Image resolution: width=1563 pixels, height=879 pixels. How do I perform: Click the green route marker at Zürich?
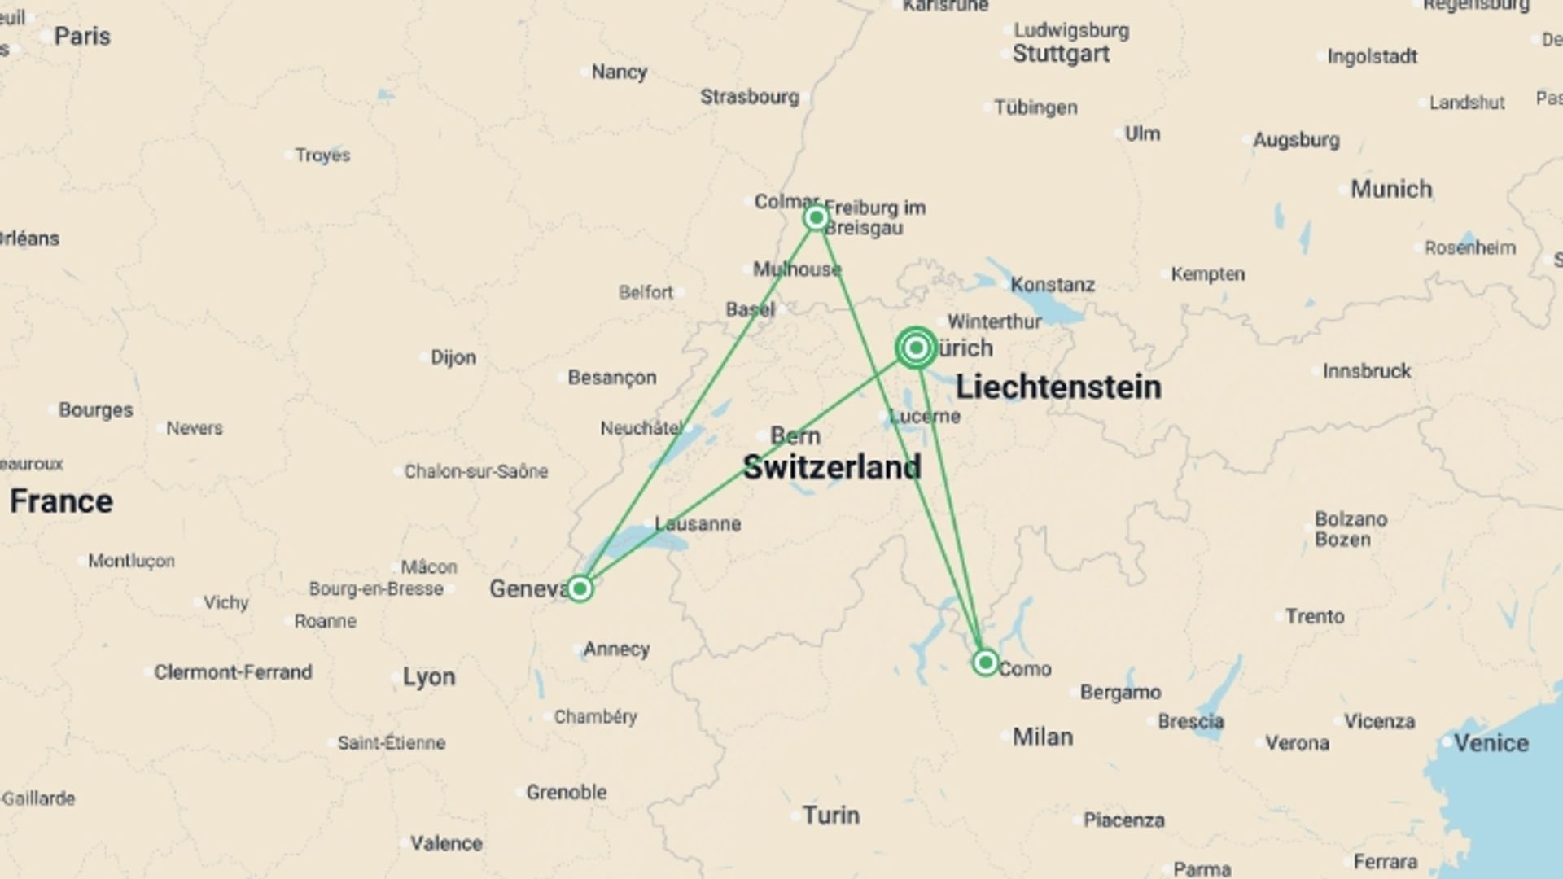916,348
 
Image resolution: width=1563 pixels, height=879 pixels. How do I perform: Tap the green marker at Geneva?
580,588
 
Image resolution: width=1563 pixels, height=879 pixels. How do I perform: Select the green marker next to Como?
986,663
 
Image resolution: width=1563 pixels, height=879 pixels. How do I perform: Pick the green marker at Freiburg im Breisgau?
816,218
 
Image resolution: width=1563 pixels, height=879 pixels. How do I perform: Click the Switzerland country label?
832,467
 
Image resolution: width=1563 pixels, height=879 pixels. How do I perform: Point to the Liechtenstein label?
1058,387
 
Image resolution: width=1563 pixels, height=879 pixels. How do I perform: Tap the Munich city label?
1391,189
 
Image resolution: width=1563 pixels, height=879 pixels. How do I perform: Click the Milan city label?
1042,737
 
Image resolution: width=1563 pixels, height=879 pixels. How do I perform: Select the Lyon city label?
429,676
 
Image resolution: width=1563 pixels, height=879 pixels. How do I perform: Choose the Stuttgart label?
1061,54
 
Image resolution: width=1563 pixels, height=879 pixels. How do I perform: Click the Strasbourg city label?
750,97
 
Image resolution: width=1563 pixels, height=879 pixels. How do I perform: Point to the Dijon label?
453,357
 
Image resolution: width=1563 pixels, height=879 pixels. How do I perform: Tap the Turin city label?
831,815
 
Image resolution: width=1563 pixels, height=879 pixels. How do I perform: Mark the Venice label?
1491,742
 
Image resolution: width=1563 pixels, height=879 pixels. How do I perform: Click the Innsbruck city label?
1366,371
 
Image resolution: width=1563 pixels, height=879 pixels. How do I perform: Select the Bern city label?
795,435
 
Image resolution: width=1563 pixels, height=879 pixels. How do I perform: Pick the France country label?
61,501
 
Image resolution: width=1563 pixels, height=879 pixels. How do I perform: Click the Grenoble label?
566,792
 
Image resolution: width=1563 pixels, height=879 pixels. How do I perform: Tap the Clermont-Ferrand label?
233,672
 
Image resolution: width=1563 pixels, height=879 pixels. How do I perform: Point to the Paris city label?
82,37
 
